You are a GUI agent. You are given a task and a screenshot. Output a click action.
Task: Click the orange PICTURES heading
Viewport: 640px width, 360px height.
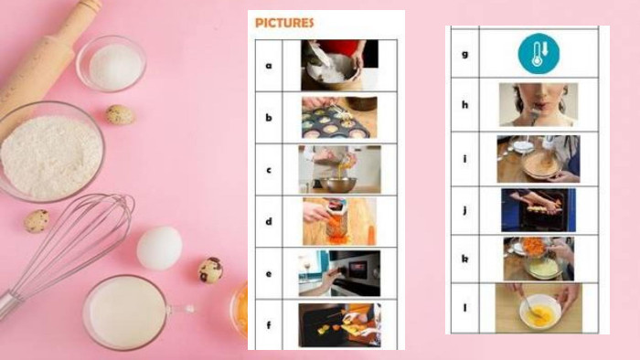coord(284,23)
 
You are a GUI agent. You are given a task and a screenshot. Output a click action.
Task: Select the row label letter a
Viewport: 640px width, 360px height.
coord(269,66)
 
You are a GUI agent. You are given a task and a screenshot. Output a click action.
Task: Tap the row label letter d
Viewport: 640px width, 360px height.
coord(269,221)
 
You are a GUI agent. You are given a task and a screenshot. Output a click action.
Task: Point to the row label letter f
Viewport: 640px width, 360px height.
coord(269,325)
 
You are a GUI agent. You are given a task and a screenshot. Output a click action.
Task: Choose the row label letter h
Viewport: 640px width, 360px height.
coord(464,105)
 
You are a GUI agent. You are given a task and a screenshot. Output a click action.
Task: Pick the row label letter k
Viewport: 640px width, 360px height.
coord(464,259)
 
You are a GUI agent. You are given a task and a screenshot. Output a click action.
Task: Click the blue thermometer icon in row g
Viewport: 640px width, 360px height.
coord(539,53)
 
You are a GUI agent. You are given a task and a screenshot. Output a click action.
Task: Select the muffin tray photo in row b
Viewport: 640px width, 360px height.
coord(339,118)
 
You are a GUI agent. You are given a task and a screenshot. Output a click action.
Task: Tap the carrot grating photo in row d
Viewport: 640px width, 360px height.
coord(339,221)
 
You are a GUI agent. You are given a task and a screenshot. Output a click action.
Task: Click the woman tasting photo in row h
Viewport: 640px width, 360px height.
coord(539,105)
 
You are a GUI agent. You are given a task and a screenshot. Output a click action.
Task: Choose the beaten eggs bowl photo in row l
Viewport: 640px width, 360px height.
coord(539,309)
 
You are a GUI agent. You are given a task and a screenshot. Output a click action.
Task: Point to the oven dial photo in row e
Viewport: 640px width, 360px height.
coord(339,273)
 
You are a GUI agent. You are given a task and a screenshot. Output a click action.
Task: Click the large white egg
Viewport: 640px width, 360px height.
coord(159,248)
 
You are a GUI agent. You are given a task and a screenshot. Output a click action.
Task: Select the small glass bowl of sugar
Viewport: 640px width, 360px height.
coord(111,63)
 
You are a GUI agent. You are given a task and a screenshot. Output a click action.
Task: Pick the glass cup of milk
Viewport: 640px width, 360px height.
coord(126,312)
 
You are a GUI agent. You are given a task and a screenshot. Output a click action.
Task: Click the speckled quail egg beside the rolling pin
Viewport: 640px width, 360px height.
coord(120,115)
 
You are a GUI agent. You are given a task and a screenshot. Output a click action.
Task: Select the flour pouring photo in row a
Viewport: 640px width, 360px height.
coord(339,65)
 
